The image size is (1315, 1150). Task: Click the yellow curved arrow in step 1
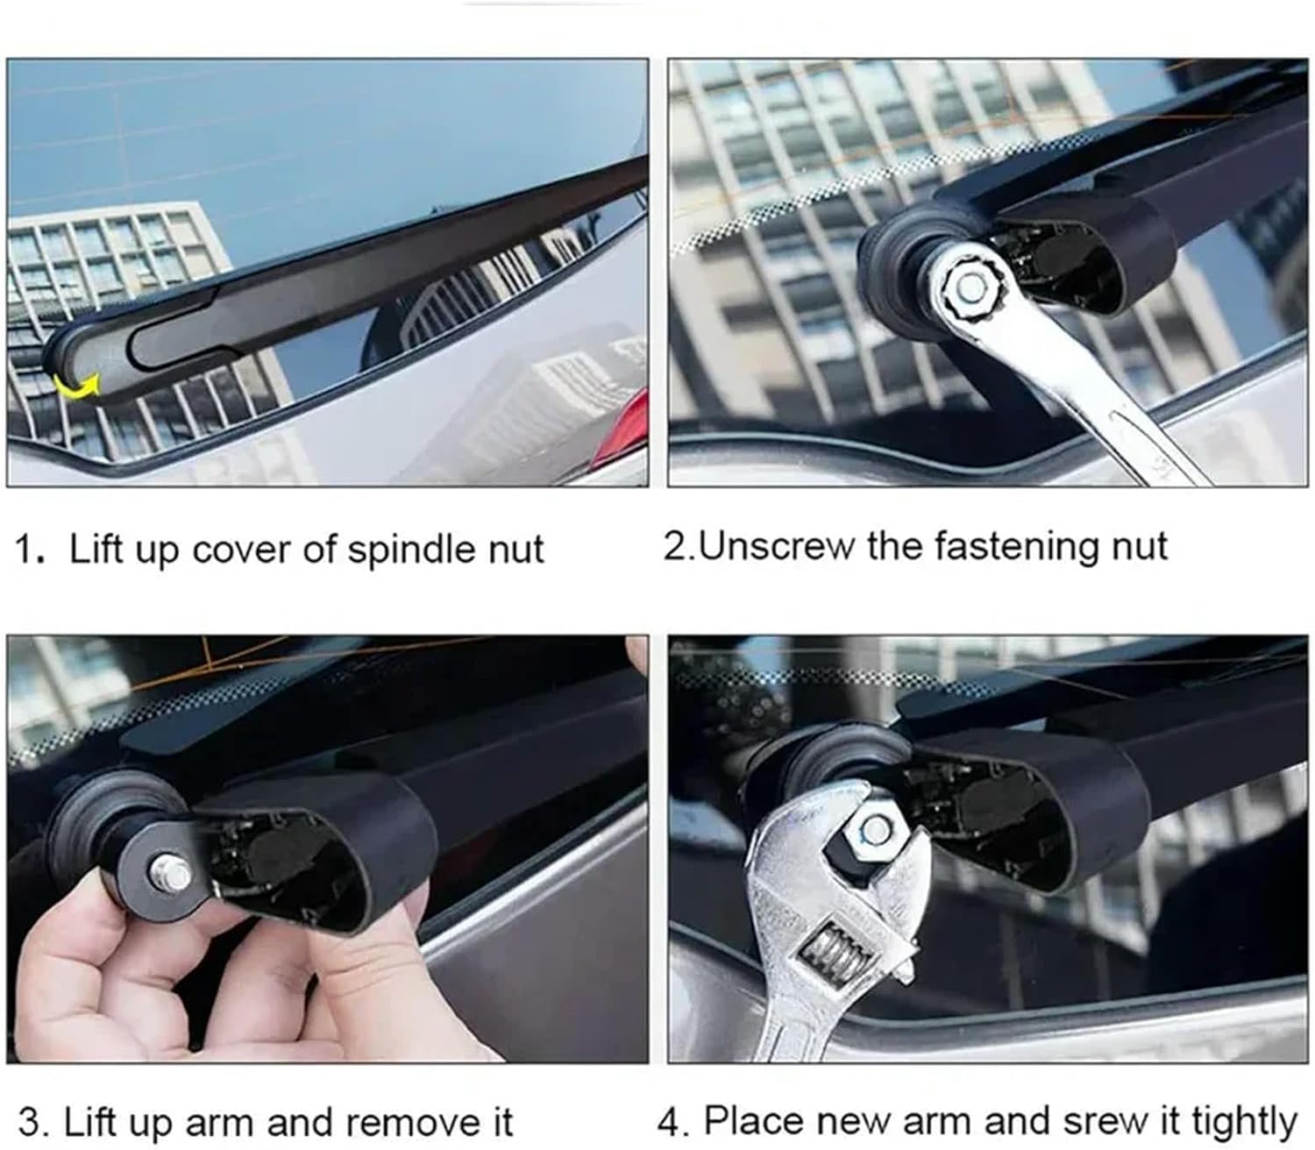point(75,387)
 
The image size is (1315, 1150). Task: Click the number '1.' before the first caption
point(30,550)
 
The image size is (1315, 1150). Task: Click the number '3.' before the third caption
point(33,1121)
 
